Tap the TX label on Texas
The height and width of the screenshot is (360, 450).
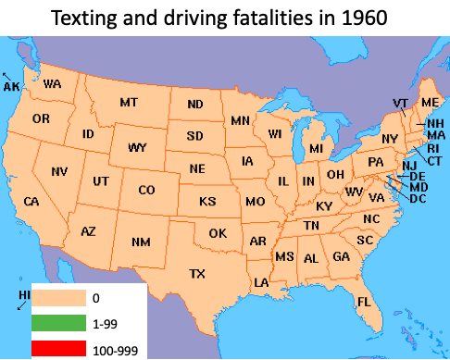tap(197, 273)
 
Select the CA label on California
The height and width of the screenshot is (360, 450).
tap(31, 201)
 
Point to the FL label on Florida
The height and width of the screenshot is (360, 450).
tap(364, 302)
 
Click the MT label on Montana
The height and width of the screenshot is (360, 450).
tap(129, 102)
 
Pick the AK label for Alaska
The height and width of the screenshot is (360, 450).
tap(12, 86)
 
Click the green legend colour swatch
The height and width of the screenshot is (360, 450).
tap(57, 324)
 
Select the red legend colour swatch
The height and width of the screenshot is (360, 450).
tap(57, 349)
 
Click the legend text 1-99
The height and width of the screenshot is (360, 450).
tap(104, 325)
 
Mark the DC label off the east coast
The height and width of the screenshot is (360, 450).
tap(418, 198)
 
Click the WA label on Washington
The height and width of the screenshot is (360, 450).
tap(52, 84)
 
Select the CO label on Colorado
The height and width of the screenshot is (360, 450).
tap(146, 191)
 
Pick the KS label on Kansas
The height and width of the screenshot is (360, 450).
tap(207, 201)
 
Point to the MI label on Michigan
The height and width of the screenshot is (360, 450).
tap(316, 148)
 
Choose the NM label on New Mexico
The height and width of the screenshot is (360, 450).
tap(141, 242)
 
